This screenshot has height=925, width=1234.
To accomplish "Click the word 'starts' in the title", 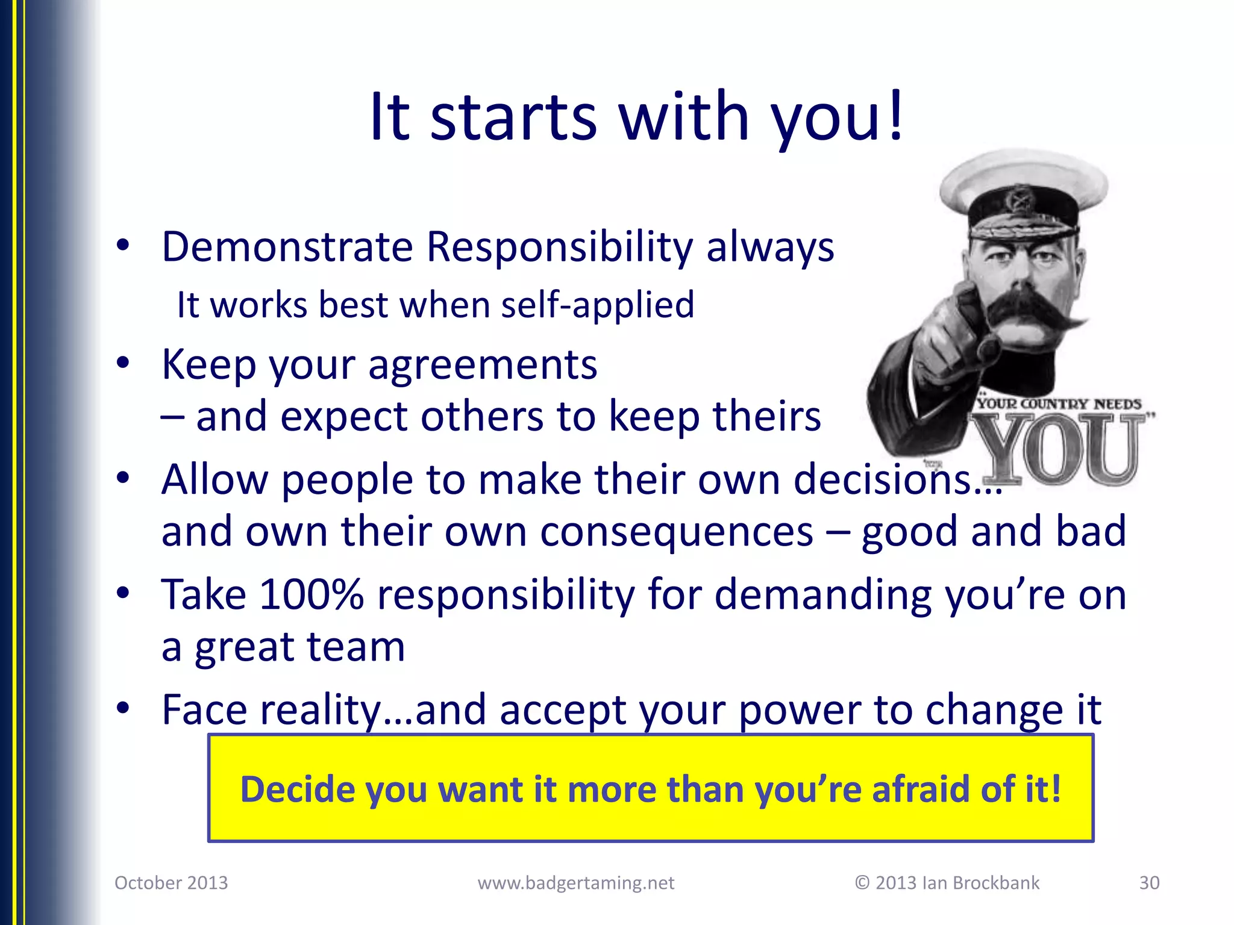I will pyautogui.click(x=513, y=117).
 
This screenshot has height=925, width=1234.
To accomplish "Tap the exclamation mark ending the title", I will pyautogui.click(x=896, y=114).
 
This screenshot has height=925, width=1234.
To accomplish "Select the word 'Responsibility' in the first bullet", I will pyautogui.click(x=560, y=247).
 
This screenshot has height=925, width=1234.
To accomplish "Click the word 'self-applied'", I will pyautogui.click(x=597, y=305).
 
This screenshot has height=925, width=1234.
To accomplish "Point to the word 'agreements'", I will pyautogui.click(x=483, y=365).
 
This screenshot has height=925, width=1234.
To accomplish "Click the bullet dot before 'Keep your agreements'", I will pyautogui.click(x=123, y=363).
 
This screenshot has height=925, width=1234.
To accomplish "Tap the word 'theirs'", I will pyautogui.click(x=766, y=417).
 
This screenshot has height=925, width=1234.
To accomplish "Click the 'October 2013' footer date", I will pyautogui.click(x=171, y=883).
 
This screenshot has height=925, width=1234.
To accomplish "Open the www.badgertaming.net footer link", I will pyautogui.click(x=575, y=883).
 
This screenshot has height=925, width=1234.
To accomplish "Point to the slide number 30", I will pyautogui.click(x=1149, y=883).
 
